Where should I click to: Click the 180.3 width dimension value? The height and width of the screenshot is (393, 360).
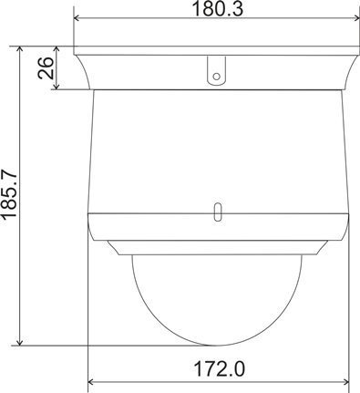(218, 9)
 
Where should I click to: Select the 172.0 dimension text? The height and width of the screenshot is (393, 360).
(219, 368)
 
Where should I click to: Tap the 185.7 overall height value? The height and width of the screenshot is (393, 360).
(9, 193)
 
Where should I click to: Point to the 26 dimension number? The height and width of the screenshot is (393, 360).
(46, 67)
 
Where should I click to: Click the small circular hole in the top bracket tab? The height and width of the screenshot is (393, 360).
(216, 77)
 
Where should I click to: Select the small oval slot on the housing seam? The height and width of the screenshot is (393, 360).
(218, 212)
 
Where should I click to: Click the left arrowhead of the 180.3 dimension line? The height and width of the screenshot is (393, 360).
(77, 18)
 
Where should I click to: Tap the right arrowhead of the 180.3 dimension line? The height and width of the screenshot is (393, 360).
(356, 18)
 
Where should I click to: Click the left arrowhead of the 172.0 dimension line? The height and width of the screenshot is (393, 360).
(90, 382)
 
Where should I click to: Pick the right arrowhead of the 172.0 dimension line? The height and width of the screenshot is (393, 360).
(346, 382)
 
